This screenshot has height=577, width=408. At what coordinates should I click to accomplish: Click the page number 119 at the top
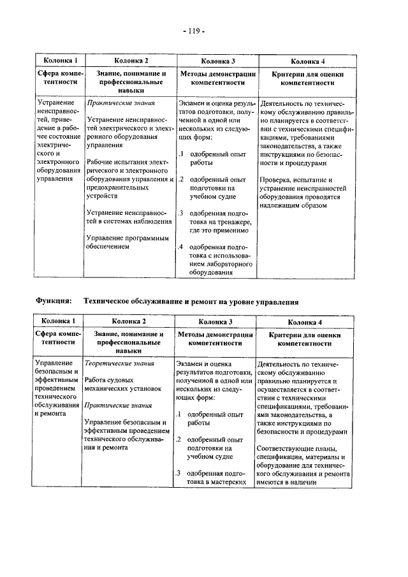(196, 30)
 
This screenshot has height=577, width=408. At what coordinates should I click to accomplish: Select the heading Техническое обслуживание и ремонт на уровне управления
(191, 300)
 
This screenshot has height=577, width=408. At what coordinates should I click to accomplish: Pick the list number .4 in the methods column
(180, 247)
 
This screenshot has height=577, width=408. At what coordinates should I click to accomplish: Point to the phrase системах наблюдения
(136, 221)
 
